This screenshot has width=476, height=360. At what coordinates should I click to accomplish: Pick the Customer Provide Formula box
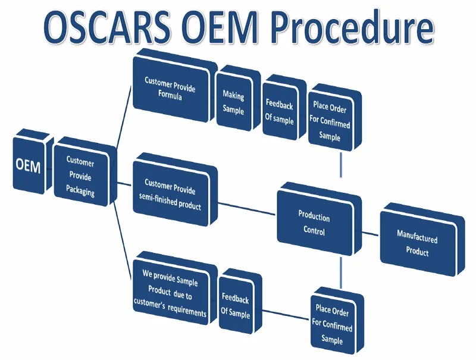coord(175,86)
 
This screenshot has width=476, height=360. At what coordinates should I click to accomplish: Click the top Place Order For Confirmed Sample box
coord(334,118)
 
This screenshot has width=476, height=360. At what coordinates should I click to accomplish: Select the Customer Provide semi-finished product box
coord(175,190)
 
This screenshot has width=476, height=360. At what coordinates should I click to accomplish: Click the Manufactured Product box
coord(422,240)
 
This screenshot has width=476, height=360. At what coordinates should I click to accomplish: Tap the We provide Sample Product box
coord(175,289)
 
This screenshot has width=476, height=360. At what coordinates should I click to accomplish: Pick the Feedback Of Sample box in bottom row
coord(240,302)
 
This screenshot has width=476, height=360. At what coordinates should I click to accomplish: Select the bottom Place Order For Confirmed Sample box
coord(337,321)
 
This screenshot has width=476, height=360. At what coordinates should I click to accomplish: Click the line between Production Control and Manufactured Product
coord(370,233)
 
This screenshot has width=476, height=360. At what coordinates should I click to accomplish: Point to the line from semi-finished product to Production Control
coord(246,209)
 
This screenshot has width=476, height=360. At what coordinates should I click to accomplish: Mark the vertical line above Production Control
coord(341,164)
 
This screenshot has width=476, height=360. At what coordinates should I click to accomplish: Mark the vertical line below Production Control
coord(341,273)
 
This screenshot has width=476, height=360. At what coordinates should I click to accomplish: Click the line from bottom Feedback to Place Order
coord(286,315)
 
